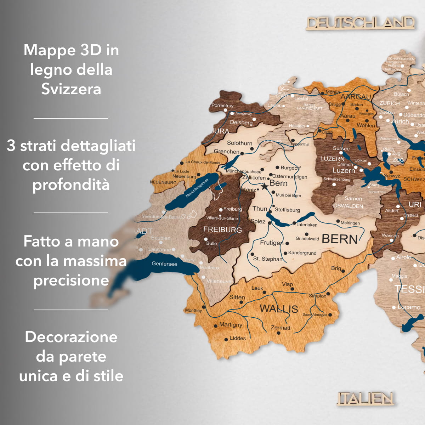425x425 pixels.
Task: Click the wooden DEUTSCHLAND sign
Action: [360, 23]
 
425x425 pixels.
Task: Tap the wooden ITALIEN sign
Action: [365, 398]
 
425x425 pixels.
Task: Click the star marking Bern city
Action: [264, 186]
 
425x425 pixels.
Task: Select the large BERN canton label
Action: [340, 239]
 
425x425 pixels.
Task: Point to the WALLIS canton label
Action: [279, 308]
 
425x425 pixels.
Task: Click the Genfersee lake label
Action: [164, 264]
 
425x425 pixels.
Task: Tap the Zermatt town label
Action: [280, 328]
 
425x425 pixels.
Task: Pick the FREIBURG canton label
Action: [222, 230]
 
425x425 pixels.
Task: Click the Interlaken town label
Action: [307, 225]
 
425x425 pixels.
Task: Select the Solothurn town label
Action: [239, 143]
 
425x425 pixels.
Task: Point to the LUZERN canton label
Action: [332, 159]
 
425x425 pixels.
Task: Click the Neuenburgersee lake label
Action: [197, 188]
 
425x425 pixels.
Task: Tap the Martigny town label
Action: [231, 324]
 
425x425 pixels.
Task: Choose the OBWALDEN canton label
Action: [348, 206]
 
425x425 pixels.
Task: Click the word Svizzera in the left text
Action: [71, 89]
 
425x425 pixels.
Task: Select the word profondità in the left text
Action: [71, 185]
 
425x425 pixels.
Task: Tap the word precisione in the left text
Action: [71, 280]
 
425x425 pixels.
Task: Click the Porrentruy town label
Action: [222, 106]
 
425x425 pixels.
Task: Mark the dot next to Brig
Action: [343, 271]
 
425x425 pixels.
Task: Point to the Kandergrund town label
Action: [302, 253]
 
